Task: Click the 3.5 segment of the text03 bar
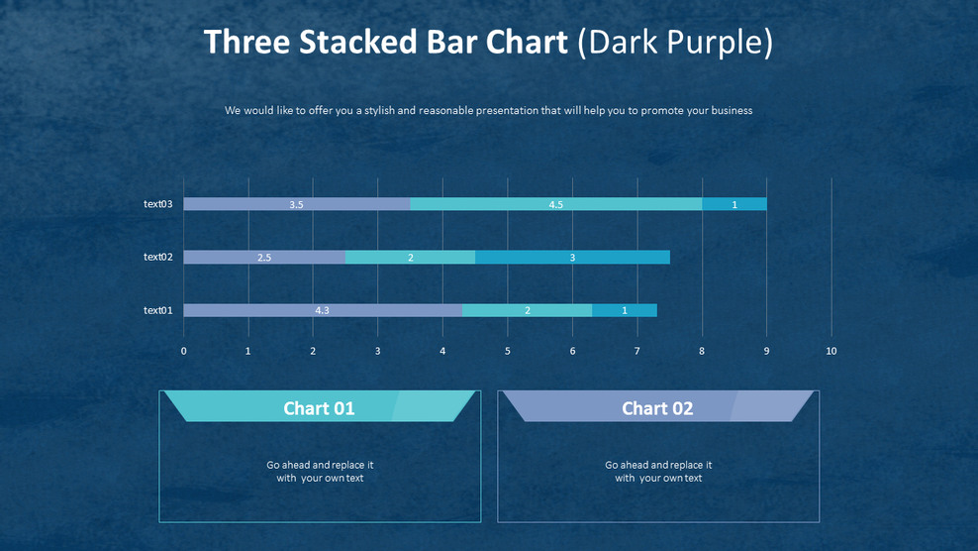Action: (297, 204)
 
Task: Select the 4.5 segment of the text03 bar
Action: (555, 204)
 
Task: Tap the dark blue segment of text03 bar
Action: (734, 204)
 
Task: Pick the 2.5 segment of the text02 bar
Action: (264, 257)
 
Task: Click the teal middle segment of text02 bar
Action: (410, 257)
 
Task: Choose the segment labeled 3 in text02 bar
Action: (572, 257)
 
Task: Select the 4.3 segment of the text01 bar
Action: (323, 310)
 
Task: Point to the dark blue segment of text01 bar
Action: (625, 310)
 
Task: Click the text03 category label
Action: (158, 204)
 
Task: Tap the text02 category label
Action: (158, 257)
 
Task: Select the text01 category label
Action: (158, 310)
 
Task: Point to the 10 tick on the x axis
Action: (831, 351)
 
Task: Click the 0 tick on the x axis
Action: (183, 351)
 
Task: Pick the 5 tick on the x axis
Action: (508, 351)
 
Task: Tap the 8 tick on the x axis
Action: (702, 351)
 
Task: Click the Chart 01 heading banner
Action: (319, 407)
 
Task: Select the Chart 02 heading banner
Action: (657, 407)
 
